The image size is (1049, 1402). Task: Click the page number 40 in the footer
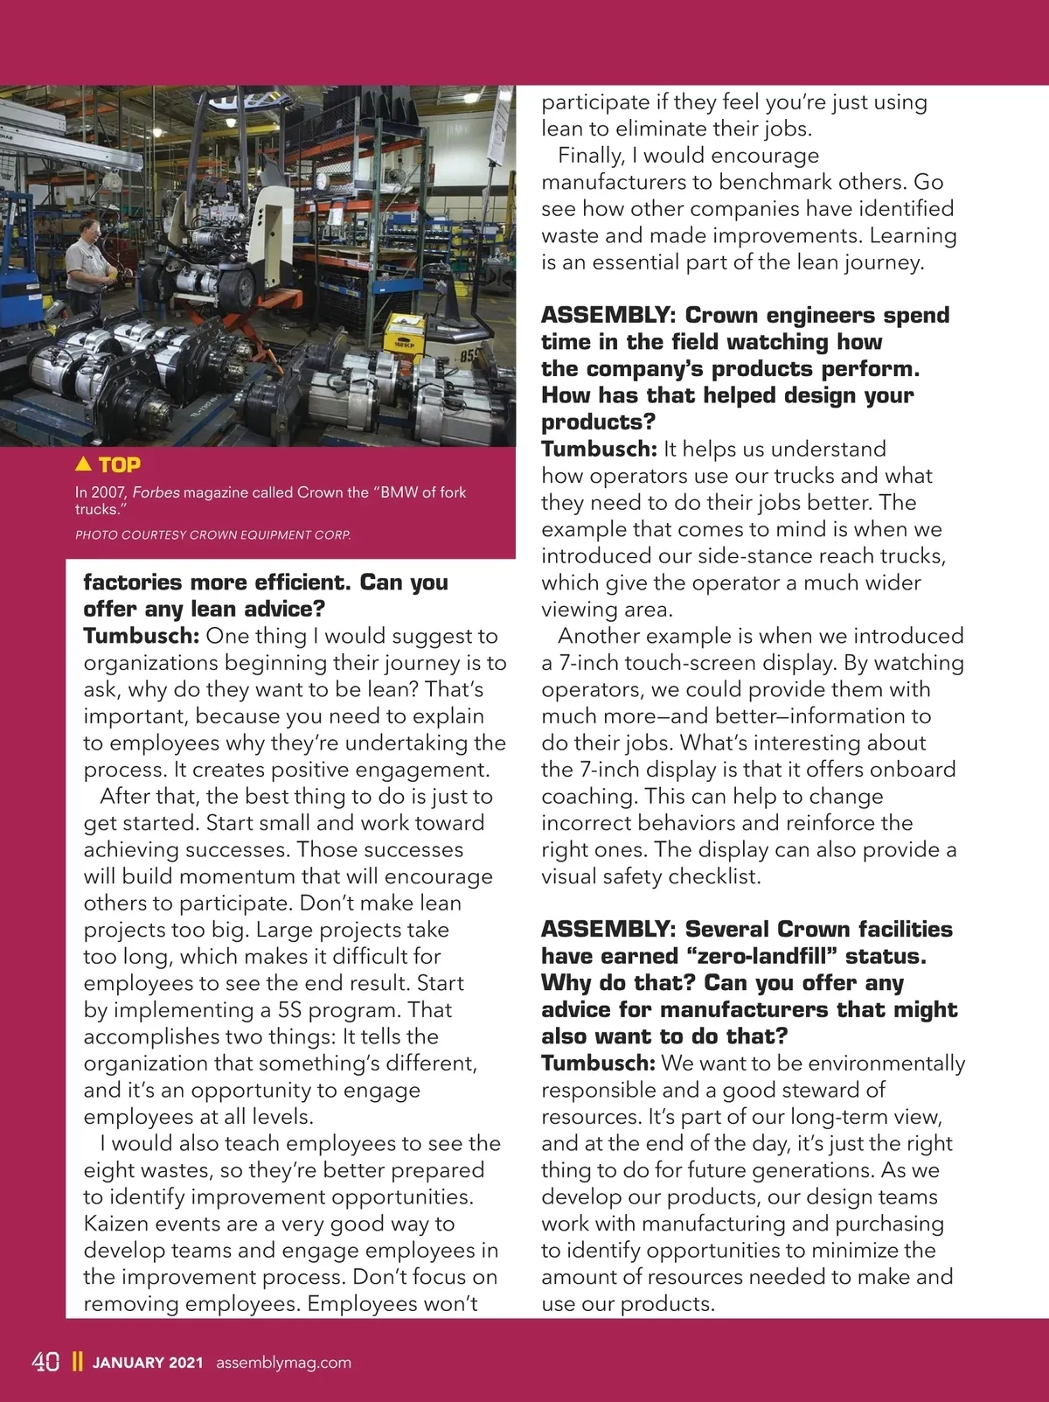tap(45, 1362)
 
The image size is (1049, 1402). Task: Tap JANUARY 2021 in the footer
tap(148, 1363)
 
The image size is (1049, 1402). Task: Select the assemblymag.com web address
tap(283, 1363)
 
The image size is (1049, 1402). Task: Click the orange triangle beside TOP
tap(84, 464)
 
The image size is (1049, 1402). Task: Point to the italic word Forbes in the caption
tap(156, 492)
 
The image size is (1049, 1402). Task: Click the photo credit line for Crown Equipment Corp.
tap(212, 534)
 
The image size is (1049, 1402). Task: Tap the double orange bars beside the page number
tap(77, 1362)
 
